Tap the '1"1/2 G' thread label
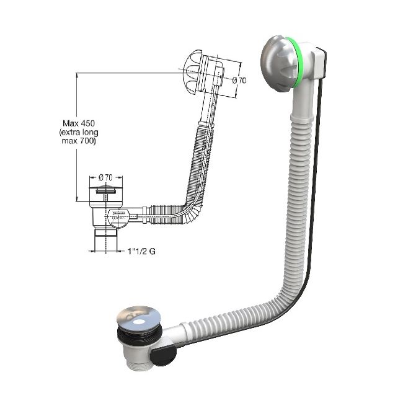pyautogui.click(x=140, y=252)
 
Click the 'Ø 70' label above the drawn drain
pyautogui.click(x=105, y=178)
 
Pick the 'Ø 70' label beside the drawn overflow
pyautogui.click(x=239, y=79)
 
